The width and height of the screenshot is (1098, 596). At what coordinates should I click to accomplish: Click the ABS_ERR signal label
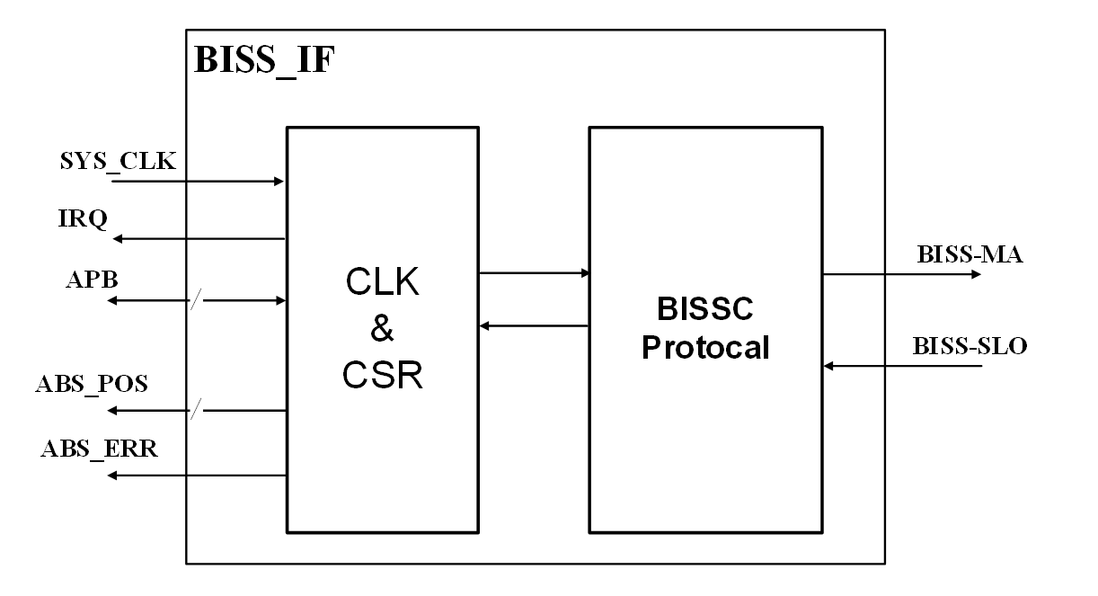coord(99,449)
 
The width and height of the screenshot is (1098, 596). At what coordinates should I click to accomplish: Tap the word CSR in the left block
coord(383,372)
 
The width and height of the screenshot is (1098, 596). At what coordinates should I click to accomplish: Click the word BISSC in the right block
coord(704,310)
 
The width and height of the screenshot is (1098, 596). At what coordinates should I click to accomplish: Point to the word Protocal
coord(704,347)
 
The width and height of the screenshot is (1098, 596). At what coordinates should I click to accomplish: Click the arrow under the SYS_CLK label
coord(198,182)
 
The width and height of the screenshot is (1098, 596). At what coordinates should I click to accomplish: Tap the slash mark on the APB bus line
coord(193,300)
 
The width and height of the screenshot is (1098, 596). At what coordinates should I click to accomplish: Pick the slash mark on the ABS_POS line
coord(193,411)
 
